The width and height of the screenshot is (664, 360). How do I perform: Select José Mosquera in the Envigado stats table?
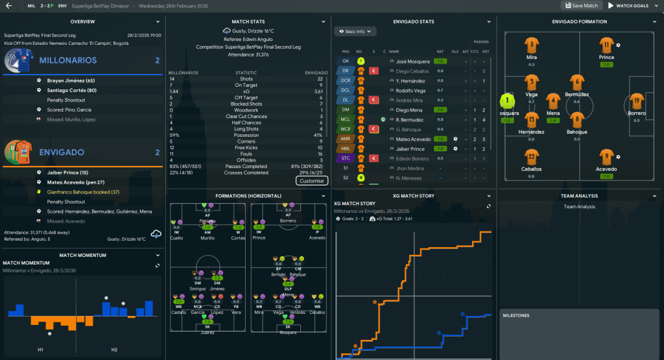click(x=409, y=60)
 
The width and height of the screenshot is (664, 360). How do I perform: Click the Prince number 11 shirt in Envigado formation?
click(x=606, y=45)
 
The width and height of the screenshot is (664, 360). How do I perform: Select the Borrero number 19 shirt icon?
click(x=637, y=101)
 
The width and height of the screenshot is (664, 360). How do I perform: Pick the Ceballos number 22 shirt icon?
click(x=532, y=157)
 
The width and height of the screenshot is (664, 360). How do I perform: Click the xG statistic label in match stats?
click(x=246, y=91)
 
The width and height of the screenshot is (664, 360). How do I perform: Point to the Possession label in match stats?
click(x=246, y=135)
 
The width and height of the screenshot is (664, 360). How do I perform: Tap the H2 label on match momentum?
click(x=114, y=350)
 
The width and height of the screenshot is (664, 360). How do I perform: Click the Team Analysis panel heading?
click(x=580, y=195)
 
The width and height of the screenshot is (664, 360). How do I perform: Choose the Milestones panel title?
click(x=516, y=316)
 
